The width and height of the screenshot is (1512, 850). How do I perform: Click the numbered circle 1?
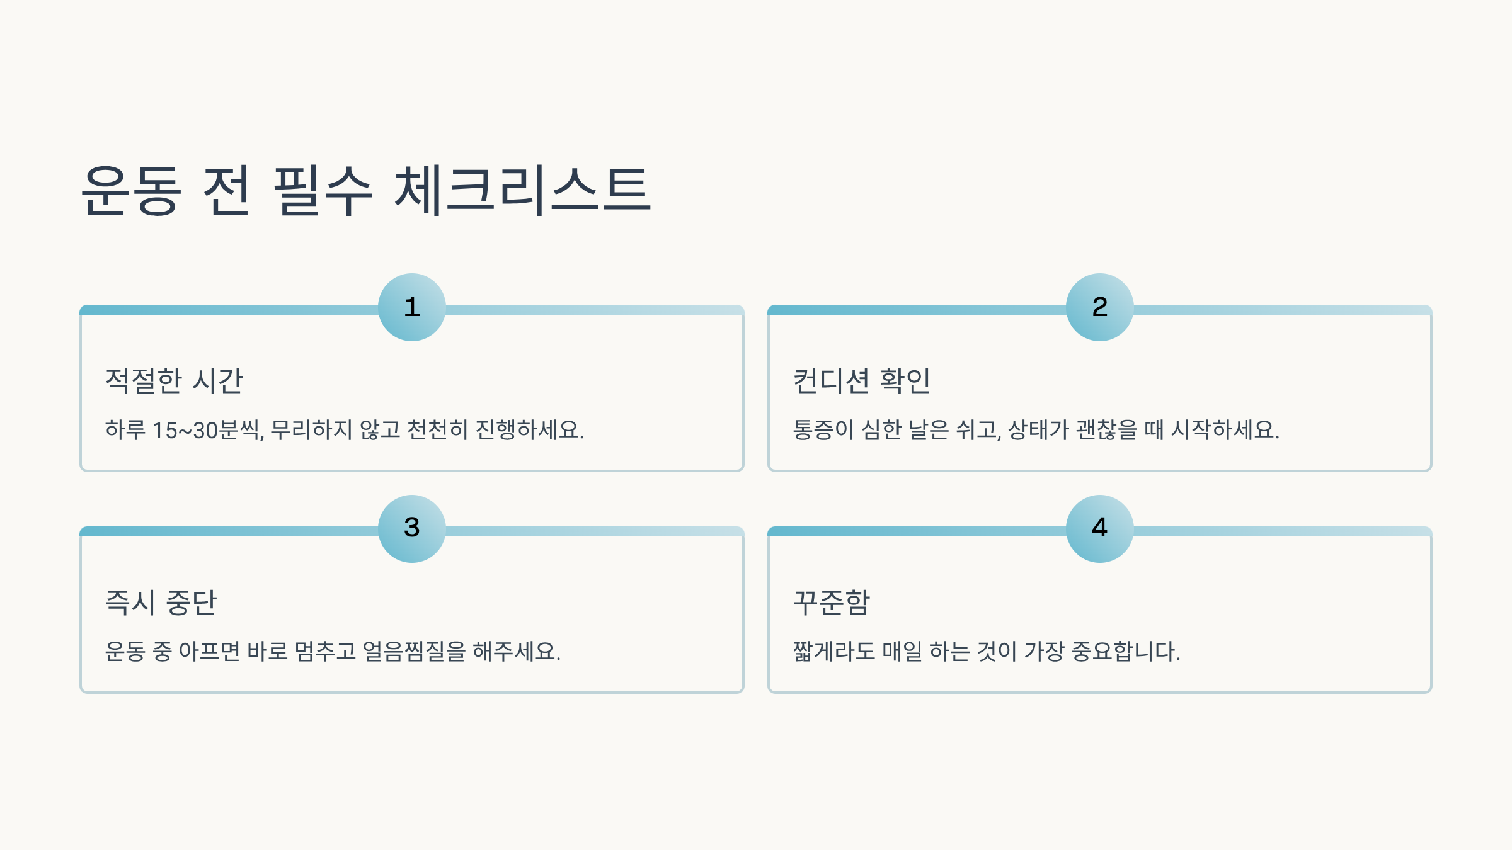click(x=412, y=307)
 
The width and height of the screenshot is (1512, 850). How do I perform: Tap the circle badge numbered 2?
click(x=1100, y=307)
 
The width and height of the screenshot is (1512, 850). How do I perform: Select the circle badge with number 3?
click(x=412, y=528)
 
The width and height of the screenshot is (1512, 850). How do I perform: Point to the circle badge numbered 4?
click(x=1100, y=528)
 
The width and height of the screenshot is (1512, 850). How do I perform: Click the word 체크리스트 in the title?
click(x=522, y=190)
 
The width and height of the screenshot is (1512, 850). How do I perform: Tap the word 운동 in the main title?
click(x=132, y=190)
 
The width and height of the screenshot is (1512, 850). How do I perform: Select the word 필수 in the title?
click(x=323, y=190)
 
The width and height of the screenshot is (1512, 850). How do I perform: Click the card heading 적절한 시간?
click(x=174, y=381)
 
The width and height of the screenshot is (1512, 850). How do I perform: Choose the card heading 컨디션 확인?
click(x=861, y=381)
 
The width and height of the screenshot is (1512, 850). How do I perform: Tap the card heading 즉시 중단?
click(x=161, y=603)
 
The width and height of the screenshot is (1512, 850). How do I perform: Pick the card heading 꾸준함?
click(x=832, y=603)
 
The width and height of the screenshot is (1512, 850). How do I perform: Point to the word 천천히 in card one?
click(x=437, y=431)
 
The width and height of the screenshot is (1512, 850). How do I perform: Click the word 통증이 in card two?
click(x=823, y=431)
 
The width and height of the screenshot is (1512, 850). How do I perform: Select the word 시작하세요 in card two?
click(x=1225, y=431)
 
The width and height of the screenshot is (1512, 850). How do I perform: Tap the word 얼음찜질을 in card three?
click(x=414, y=652)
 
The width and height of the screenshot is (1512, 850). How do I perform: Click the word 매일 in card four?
click(x=902, y=652)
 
